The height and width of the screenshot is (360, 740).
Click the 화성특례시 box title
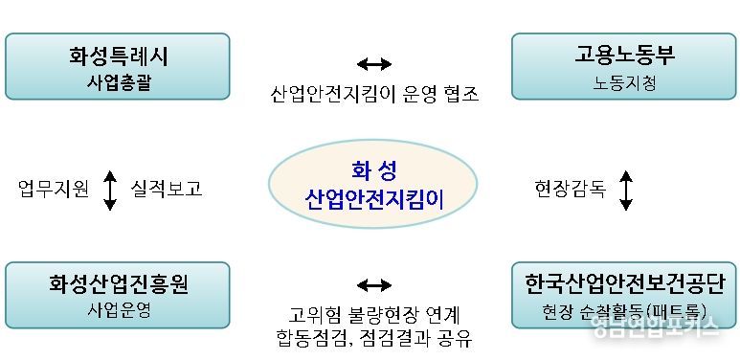(117, 55)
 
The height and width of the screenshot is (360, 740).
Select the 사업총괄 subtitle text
(117, 82)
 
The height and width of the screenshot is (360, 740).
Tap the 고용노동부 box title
(624, 55)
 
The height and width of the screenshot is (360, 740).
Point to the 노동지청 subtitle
(624, 82)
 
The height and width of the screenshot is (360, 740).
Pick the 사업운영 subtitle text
(118, 310)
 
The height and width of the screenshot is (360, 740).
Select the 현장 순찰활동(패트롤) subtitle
(624, 310)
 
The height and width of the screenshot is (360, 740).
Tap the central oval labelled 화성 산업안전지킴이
(373, 186)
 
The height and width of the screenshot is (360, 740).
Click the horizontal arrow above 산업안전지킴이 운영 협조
(373, 64)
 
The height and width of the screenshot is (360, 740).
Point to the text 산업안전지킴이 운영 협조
(373, 94)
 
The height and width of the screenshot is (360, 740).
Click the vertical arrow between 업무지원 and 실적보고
(109, 190)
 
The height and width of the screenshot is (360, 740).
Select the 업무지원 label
(55, 189)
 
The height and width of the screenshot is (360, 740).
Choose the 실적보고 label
(167, 189)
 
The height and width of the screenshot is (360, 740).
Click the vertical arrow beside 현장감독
(626, 190)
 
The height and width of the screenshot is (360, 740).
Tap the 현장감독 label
(571, 189)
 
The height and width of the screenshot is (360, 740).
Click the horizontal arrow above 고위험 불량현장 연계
(373, 285)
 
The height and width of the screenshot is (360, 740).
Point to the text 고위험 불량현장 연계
(373, 314)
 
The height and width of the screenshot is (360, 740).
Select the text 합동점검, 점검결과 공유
(373, 338)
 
